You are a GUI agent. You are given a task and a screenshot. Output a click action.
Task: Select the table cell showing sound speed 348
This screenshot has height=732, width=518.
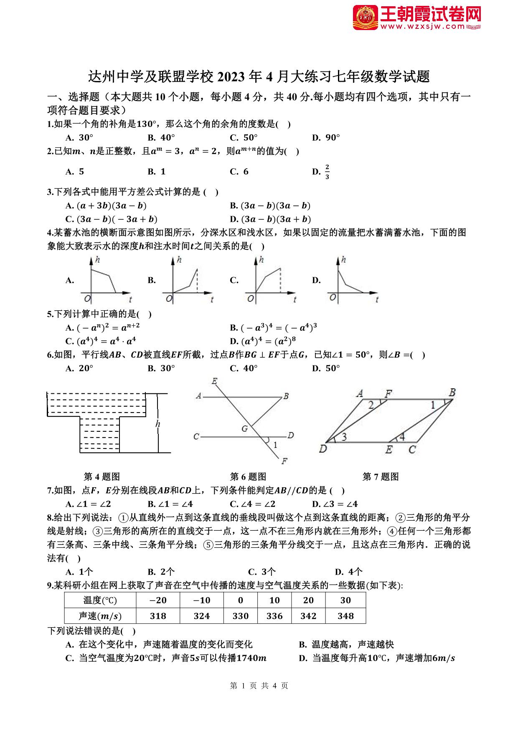point(345,616)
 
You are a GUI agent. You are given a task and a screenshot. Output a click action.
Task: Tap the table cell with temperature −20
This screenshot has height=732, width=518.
point(158,600)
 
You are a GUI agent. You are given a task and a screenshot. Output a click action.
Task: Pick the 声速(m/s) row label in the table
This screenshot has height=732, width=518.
point(100,616)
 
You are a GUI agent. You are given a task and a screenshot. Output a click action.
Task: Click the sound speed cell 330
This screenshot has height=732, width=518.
point(241,616)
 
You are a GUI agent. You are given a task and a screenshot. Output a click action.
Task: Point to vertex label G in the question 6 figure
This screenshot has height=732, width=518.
point(245,428)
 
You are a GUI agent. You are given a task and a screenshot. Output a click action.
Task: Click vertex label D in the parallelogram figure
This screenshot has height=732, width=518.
point(322,449)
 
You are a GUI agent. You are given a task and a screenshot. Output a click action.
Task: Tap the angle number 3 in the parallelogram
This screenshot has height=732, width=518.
point(344,437)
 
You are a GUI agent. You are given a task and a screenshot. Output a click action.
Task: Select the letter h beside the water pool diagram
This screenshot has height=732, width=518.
point(158,424)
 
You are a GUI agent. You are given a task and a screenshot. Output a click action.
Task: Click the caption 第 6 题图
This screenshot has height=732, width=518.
point(248,477)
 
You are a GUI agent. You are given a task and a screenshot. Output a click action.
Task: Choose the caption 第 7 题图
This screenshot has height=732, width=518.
point(381,477)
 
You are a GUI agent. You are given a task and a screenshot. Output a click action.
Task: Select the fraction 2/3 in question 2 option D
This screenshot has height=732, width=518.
point(327,172)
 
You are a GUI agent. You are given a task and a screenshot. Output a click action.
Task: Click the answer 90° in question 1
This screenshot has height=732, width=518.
point(333,137)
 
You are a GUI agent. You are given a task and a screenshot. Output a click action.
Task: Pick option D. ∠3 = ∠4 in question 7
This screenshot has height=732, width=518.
point(335,504)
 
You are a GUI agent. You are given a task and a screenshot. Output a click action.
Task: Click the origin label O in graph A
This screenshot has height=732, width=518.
point(87,299)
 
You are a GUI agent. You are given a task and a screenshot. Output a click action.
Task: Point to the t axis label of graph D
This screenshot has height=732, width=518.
point(377,299)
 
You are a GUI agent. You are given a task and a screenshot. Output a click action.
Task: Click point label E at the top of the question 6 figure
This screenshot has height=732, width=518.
point(215,381)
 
